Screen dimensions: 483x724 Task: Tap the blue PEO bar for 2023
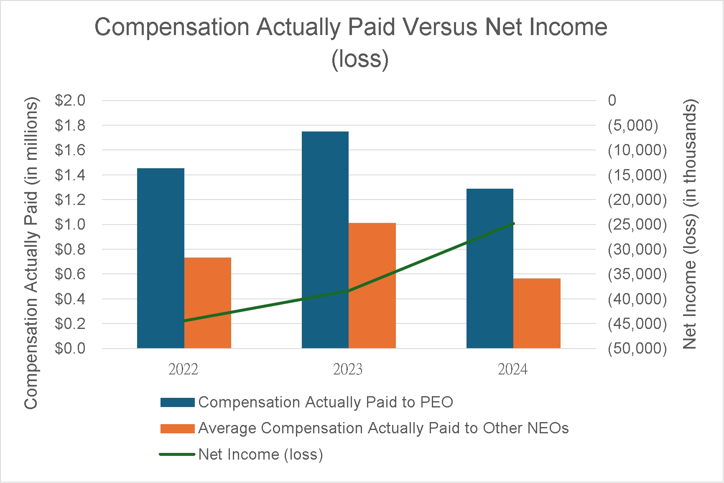click(325, 240)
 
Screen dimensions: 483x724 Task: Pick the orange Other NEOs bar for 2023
click(372, 286)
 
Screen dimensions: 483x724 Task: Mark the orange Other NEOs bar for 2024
click(537, 313)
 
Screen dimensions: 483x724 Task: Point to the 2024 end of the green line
click(513, 224)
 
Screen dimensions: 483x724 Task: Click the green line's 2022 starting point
click(184, 321)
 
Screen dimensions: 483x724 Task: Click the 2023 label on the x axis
click(348, 369)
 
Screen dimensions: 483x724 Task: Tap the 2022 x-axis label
click(183, 369)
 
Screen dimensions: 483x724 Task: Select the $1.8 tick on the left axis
click(70, 125)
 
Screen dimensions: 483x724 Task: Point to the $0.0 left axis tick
click(70, 348)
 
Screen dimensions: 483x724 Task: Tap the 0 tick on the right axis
click(612, 101)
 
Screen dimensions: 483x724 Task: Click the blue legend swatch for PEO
click(178, 402)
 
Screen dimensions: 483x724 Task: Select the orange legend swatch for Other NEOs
click(178, 429)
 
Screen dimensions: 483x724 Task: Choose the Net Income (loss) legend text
click(260, 454)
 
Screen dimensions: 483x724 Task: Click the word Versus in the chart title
click(441, 27)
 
